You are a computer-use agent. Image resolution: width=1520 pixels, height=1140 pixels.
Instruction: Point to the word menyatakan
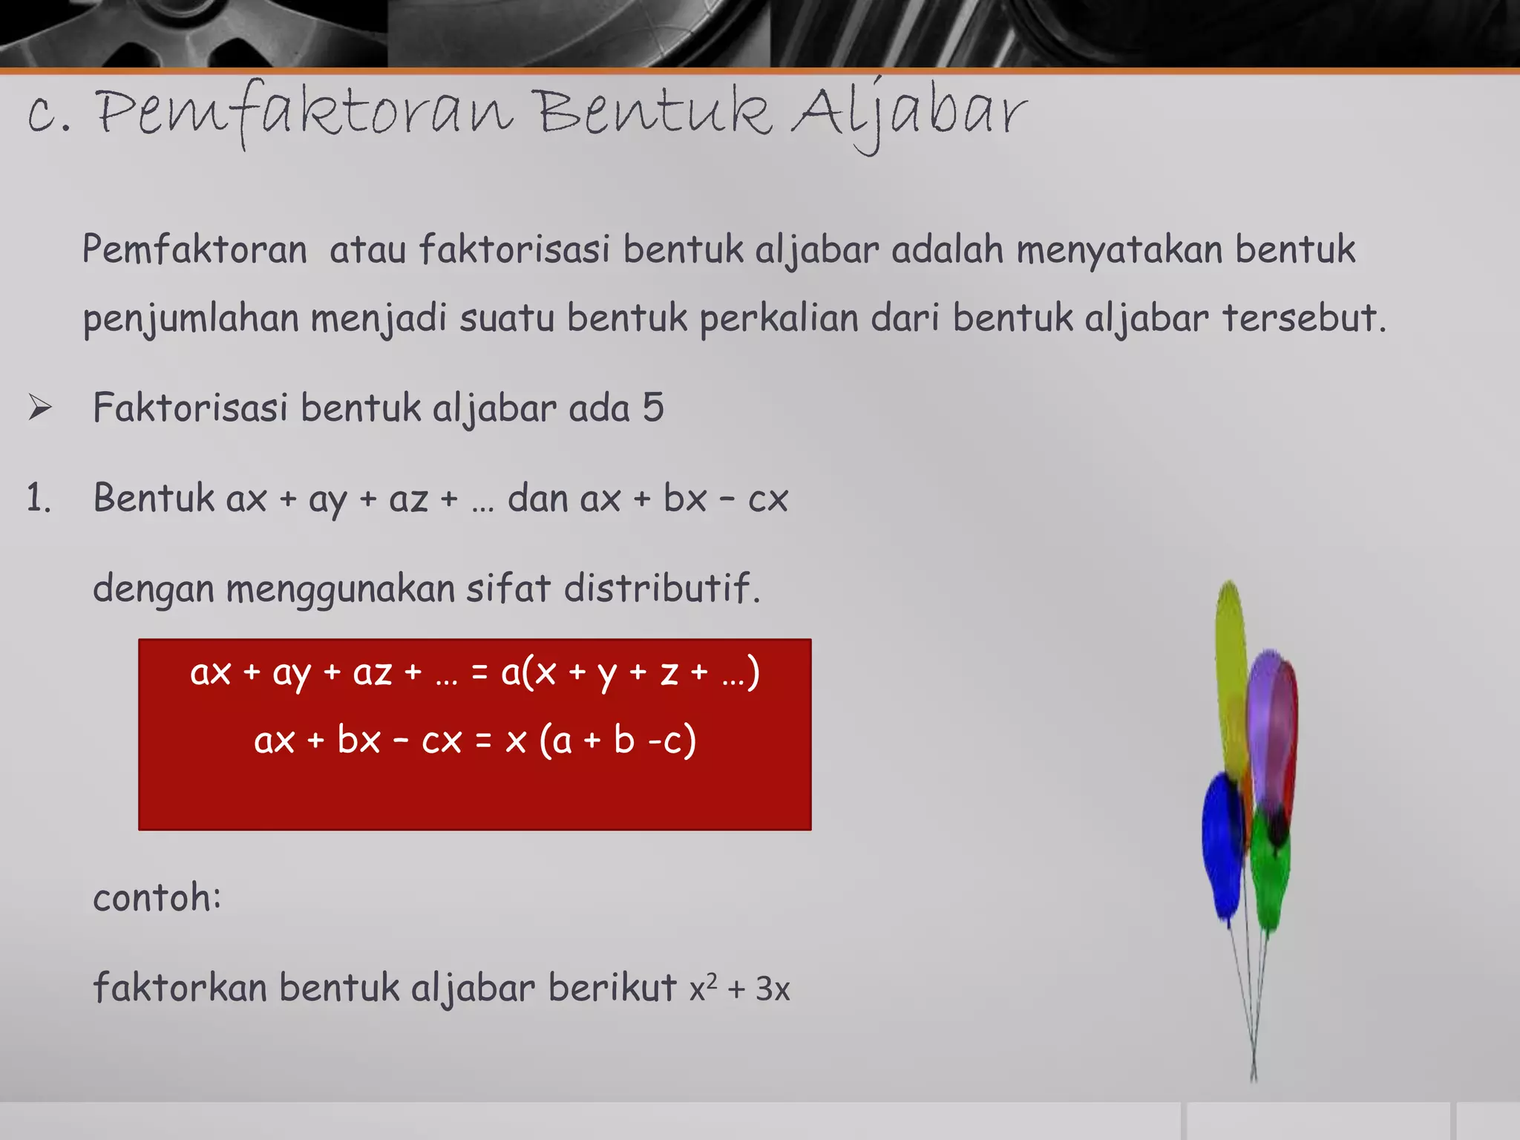click(1119, 249)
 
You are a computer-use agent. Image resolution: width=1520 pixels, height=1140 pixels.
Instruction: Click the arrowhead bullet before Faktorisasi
click(40, 407)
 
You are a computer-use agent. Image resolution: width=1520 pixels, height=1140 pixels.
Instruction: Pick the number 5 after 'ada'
click(653, 407)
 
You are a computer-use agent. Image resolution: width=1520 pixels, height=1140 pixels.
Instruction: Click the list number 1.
click(39, 498)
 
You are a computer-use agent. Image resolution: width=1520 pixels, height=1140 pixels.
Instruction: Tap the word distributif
click(661, 589)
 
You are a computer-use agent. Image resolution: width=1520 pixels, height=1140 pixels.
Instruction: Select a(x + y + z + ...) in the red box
click(630, 673)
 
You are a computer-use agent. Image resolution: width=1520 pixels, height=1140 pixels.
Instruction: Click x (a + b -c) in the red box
click(600, 740)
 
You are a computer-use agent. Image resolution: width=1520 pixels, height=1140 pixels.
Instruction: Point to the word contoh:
click(157, 897)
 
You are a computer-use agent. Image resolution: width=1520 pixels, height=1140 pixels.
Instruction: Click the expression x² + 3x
click(739, 989)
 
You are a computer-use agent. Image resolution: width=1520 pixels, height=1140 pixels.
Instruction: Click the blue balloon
click(1222, 846)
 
